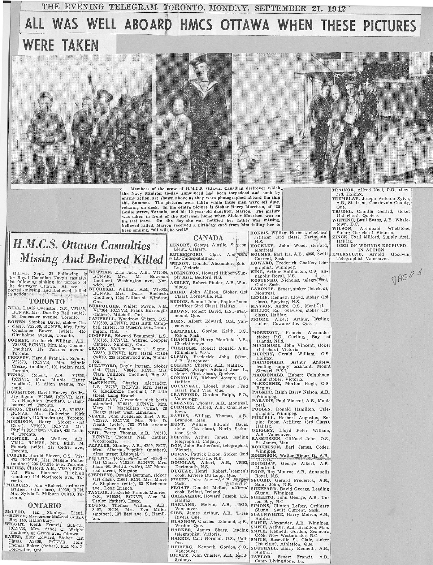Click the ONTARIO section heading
44,505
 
